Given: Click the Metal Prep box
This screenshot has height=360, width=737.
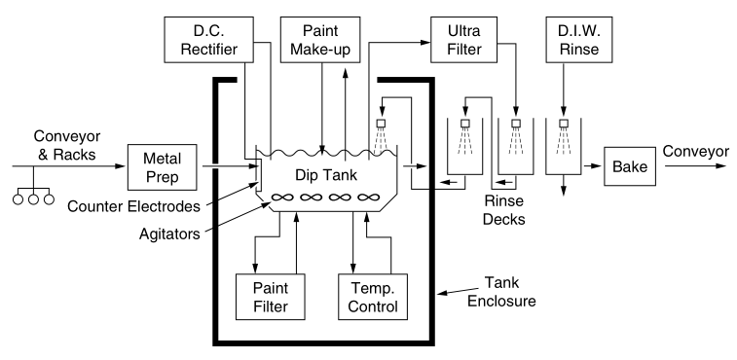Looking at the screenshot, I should (162, 166).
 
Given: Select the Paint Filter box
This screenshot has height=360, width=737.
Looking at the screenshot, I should (272, 297).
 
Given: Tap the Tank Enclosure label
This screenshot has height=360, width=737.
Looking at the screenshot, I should (512, 290).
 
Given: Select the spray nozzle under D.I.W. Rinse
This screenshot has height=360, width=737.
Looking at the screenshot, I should (563, 125).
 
